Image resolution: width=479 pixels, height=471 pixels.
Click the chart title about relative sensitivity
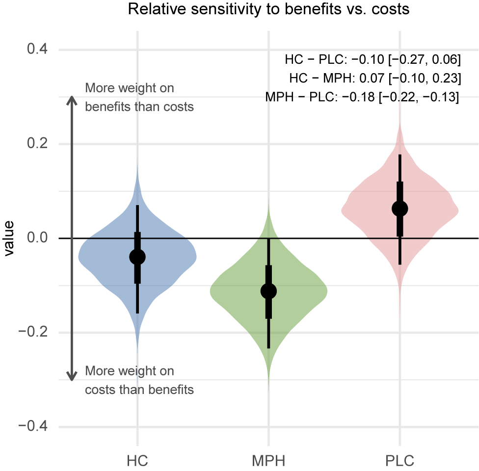point(268,9)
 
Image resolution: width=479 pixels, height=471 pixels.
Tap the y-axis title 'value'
point(9,238)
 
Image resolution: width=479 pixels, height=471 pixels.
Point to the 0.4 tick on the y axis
point(37,49)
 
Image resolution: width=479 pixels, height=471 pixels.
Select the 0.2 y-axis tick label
point(37,143)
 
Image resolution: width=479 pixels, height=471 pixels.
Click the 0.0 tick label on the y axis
point(37,237)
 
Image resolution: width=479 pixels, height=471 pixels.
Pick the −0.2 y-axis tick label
point(33,332)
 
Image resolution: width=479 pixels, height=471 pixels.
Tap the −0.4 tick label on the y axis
point(33,426)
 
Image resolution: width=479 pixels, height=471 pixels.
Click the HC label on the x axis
point(137,461)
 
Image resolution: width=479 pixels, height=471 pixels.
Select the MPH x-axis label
point(268,461)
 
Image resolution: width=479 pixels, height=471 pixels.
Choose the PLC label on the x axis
point(400,461)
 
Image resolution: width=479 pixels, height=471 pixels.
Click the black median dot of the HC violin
point(137,257)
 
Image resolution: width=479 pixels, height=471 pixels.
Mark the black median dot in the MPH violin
point(268,291)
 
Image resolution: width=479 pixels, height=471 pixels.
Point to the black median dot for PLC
point(400,209)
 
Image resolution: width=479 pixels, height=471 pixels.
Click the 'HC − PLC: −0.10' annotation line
point(373,59)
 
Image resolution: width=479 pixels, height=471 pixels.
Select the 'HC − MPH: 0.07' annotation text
point(375,78)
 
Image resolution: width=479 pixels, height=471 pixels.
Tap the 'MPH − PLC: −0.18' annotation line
point(362,97)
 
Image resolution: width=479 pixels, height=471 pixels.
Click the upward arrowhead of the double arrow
point(72,100)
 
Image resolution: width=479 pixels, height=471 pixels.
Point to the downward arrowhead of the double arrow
point(72,377)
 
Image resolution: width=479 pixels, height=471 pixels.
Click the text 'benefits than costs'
point(139,107)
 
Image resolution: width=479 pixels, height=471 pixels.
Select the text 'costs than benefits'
point(139,390)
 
